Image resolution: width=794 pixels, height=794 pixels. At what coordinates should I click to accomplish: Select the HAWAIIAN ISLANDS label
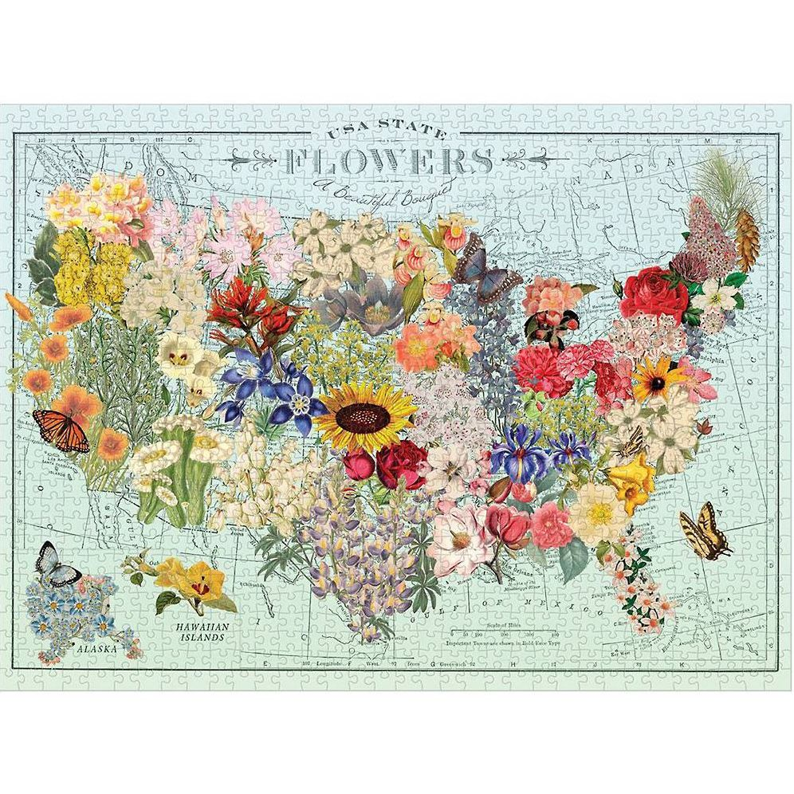coord(202,632)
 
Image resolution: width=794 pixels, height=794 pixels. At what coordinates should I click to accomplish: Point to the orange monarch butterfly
coord(61,429)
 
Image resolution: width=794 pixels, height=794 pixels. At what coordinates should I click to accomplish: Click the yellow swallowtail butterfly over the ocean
coord(706,530)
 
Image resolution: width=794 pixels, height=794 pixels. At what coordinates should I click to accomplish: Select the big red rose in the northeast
coord(654,295)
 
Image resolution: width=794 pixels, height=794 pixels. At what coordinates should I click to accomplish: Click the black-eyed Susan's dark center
coord(659,383)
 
